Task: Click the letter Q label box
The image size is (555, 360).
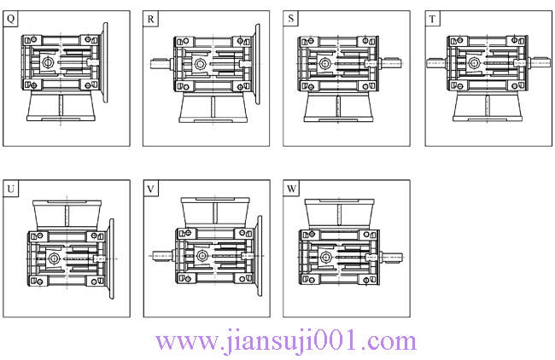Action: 11,19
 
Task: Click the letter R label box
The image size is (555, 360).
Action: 151,19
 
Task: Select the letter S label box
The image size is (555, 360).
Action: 292,19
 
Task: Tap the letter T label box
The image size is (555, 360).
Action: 433,19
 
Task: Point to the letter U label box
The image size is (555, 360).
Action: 11,188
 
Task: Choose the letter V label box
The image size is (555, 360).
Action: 151,188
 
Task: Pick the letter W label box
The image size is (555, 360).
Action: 292,188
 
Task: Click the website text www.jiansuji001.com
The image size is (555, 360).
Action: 286,341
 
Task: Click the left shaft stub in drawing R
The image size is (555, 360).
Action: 161,62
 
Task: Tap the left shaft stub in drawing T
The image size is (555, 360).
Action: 436,62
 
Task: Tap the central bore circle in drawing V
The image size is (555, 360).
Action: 201,255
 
